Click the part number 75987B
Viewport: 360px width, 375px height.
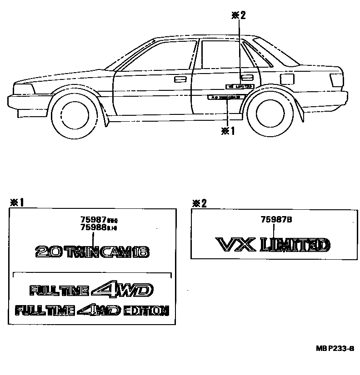[276, 219]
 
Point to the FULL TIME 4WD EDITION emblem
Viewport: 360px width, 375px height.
[92, 311]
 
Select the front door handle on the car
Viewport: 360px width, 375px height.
[180, 80]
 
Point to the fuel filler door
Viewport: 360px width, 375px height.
[287, 78]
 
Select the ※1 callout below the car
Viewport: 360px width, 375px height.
[227, 130]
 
